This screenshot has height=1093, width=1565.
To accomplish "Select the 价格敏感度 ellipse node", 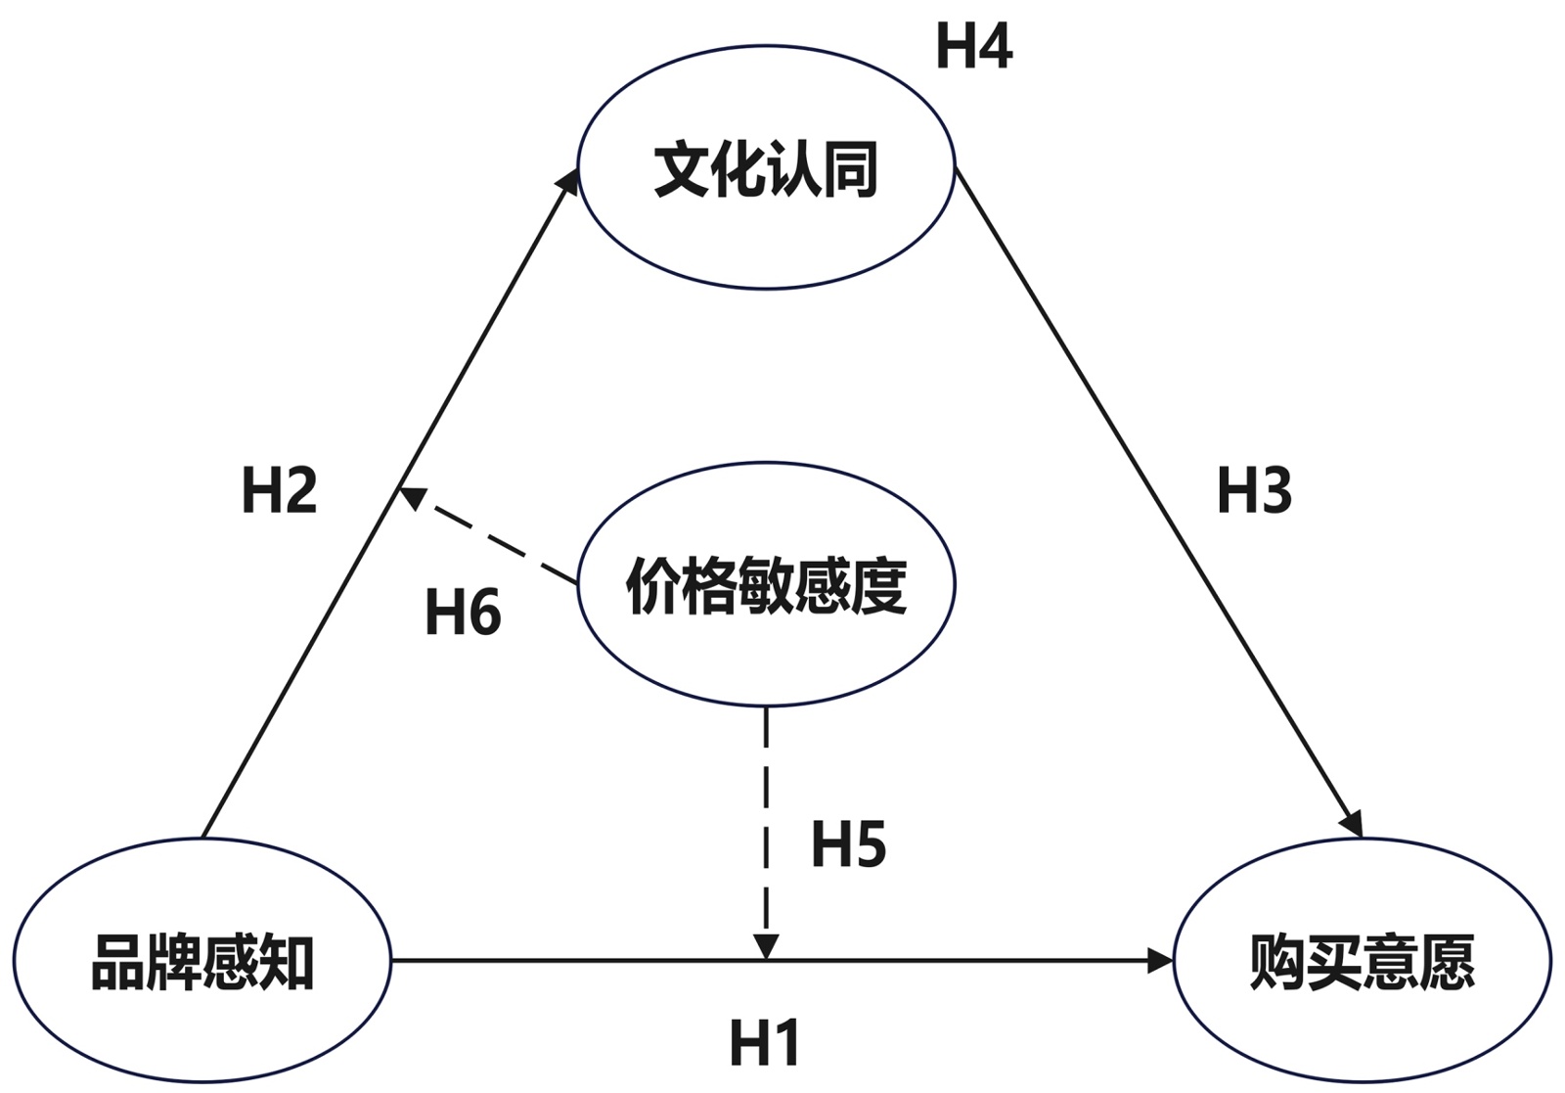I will pos(766,585).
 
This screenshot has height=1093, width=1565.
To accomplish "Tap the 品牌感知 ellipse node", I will pos(201,961).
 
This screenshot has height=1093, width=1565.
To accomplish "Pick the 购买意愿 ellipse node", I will pos(1362,961).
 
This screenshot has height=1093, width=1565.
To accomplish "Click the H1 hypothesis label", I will pos(765,1042).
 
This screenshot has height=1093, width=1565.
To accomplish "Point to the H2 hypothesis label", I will pos(279,490).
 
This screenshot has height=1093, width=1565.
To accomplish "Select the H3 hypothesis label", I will pos(1254,490).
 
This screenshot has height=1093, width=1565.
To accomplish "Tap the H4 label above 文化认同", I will pos(973,46).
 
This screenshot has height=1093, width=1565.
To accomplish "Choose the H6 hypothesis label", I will pos(463,614).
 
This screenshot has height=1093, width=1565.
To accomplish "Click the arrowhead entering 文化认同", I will pos(568,181).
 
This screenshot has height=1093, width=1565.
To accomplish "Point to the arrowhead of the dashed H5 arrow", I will pos(766,947).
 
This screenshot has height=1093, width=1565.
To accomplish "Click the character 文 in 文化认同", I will pos(682,170).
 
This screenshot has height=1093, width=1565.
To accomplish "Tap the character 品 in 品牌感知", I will pos(118,963).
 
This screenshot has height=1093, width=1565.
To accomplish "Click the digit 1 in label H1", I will pos(785,1042).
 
